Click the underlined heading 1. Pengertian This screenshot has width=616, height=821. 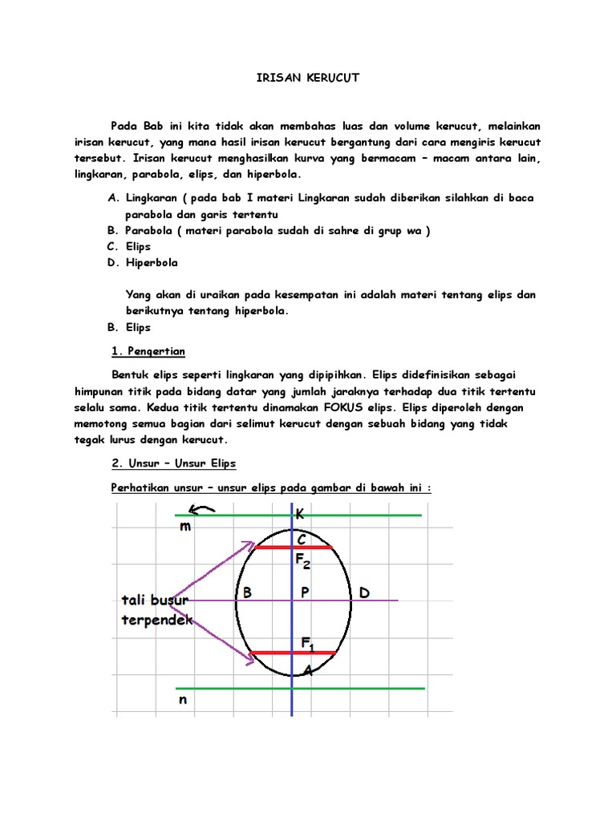[147, 351]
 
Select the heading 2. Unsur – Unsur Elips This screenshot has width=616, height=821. [172, 463]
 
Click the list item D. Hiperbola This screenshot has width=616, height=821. [142, 262]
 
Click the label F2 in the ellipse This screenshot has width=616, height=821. [303, 564]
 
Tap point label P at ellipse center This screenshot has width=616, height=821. [305, 593]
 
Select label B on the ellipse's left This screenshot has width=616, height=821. [247, 593]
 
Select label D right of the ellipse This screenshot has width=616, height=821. [364, 593]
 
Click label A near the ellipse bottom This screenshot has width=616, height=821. [307, 670]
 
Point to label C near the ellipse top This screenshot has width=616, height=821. [302, 541]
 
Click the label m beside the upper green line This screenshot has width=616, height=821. [185, 526]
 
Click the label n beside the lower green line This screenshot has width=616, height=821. [183, 699]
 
